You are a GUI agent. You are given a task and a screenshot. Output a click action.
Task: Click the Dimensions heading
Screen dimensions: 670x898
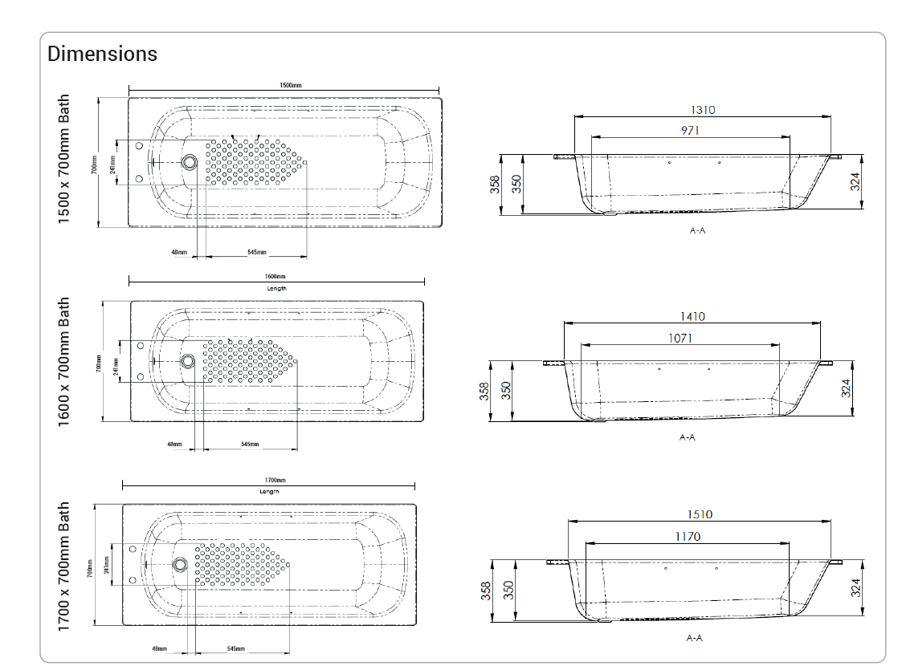(x=102, y=54)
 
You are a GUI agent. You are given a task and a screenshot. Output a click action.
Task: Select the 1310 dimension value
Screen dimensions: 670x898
(x=703, y=110)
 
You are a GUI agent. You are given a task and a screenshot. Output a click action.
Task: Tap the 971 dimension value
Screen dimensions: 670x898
(x=691, y=130)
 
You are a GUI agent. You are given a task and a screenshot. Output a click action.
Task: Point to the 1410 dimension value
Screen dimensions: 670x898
(x=692, y=317)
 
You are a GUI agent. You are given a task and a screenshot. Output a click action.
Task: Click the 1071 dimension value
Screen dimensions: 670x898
(x=680, y=338)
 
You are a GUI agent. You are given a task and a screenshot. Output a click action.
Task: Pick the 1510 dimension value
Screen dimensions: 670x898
(x=700, y=514)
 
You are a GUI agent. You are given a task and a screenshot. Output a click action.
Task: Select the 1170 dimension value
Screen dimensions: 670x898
(x=688, y=536)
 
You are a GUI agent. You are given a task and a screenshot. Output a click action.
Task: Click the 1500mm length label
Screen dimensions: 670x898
(x=291, y=85)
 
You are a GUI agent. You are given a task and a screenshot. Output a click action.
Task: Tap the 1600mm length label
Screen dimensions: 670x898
(x=276, y=276)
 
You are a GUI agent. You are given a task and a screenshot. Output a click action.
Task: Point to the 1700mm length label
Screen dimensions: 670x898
(x=275, y=480)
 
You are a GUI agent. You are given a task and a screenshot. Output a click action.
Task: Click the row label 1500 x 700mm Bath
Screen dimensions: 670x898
(x=64, y=160)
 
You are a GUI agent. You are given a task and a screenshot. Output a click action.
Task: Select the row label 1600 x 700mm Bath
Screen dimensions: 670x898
(x=64, y=361)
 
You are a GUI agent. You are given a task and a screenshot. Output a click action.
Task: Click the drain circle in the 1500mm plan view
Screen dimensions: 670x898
(x=190, y=162)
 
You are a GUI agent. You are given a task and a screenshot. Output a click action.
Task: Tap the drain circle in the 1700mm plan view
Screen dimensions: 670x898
(x=179, y=564)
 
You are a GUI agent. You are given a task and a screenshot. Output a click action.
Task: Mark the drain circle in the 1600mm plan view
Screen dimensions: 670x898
(x=187, y=361)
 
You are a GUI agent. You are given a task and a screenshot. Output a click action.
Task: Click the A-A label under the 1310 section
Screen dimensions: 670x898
(x=697, y=231)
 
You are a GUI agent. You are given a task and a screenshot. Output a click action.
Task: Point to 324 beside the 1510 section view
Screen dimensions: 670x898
(x=856, y=588)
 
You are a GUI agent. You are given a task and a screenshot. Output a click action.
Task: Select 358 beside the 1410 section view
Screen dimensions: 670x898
(x=484, y=391)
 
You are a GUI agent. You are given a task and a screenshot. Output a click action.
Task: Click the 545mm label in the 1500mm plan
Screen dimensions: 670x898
(x=256, y=252)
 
